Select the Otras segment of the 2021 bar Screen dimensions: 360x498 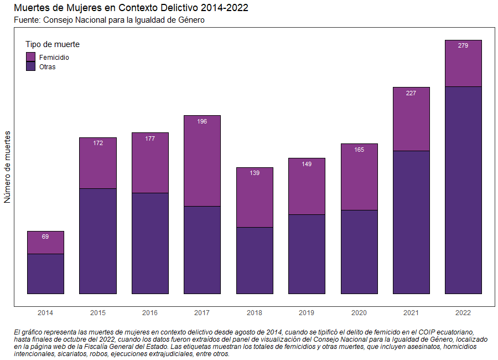tap(411, 222)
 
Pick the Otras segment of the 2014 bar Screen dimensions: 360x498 tap(45, 274)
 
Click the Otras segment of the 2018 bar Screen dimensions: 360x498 tap(255, 260)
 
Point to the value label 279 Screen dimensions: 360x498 tap(463, 45)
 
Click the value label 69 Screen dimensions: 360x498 tap(45, 236)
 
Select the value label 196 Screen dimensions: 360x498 tap(202, 121)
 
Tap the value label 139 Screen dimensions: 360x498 tap(255, 173)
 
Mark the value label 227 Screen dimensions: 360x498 tap(411, 93)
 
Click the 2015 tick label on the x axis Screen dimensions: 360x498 tap(98, 313)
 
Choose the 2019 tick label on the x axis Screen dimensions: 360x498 tap(307, 313)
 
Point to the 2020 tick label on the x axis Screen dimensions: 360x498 tap(359, 313)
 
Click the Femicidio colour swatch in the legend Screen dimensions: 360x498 tap(31, 57)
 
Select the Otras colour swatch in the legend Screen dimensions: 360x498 tap(31, 66)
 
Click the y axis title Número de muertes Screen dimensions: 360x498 tap(8, 167)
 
